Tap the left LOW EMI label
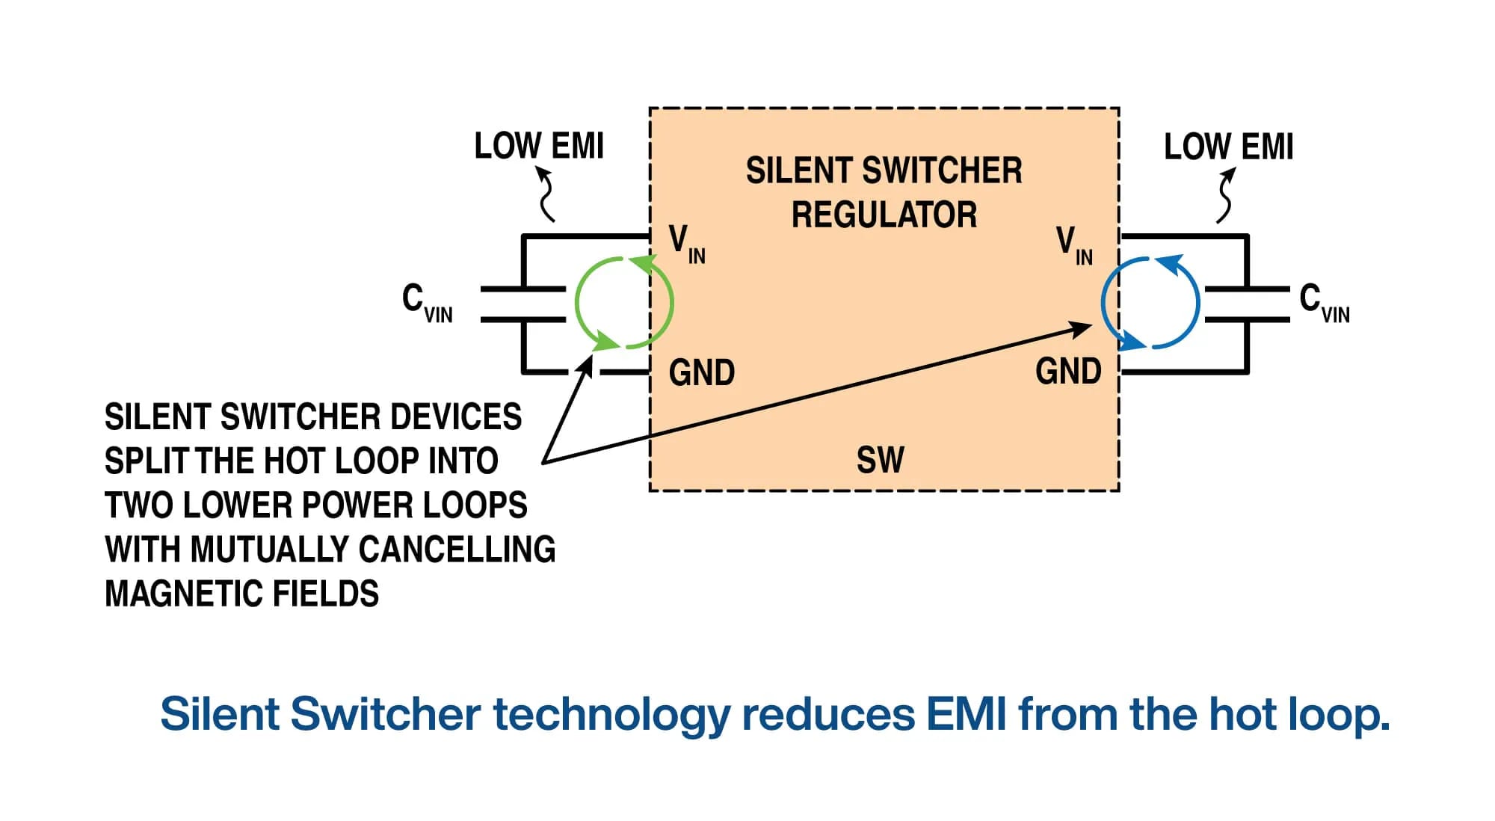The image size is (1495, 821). pos(539,146)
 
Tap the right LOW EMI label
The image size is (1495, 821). pos(1228,147)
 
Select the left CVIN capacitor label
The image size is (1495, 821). pos(427,303)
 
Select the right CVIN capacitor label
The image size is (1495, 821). pos(1324,303)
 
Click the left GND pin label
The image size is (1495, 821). pos(701,372)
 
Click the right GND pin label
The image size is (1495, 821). pos(1068,372)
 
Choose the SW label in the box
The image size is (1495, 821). pos(880,460)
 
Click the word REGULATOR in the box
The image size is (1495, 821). pos(884,215)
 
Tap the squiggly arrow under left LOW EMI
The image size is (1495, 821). pos(546,194)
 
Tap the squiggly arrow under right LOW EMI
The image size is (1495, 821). pos(1225,195)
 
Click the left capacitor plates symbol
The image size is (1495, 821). pos(523,304)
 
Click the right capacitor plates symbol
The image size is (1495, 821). pos(1247,304)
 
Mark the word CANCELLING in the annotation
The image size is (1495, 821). pos(457,550)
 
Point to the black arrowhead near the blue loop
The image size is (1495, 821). pos(1081,328)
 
